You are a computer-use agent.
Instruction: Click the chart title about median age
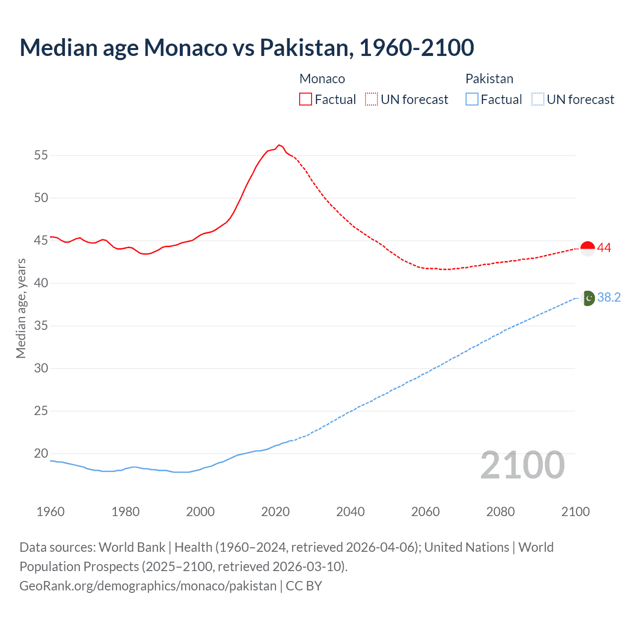click(x=247, y=48)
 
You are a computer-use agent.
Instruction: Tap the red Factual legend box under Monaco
click(x=306, y=99)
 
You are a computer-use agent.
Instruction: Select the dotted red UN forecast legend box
click(x=371, y=99)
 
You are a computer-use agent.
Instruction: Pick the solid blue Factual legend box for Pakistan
click(x=472, y=99)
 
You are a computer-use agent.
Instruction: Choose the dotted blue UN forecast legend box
click(x=538, y=99)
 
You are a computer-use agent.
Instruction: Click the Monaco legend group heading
click(x=322, y=79)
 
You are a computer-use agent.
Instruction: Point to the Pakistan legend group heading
click(x=489, y=79)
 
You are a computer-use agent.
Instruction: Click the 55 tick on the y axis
click(x=41, y=156)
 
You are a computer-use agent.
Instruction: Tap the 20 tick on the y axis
click(x=41, y=453)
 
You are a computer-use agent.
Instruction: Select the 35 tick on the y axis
click(x=41, y=326)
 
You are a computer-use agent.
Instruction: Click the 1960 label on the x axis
click(x=51, y=512)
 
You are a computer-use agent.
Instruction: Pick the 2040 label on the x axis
click(x=350, y=512)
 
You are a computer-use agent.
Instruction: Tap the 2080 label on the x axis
click(x=500, y=512)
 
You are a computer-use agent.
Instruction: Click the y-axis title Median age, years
click(x=21, y=308)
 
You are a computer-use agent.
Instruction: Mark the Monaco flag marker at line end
click(x=587, y=249)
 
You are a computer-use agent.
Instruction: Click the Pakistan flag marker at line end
click(x=587, y=298)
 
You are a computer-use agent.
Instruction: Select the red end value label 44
click(x=604, y=248)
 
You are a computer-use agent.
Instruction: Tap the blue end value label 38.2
click(x=609, y=297)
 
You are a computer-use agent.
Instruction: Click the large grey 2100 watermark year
click(x=522, y=465)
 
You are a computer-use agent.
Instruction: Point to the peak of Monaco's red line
click(x=279, y=145)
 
